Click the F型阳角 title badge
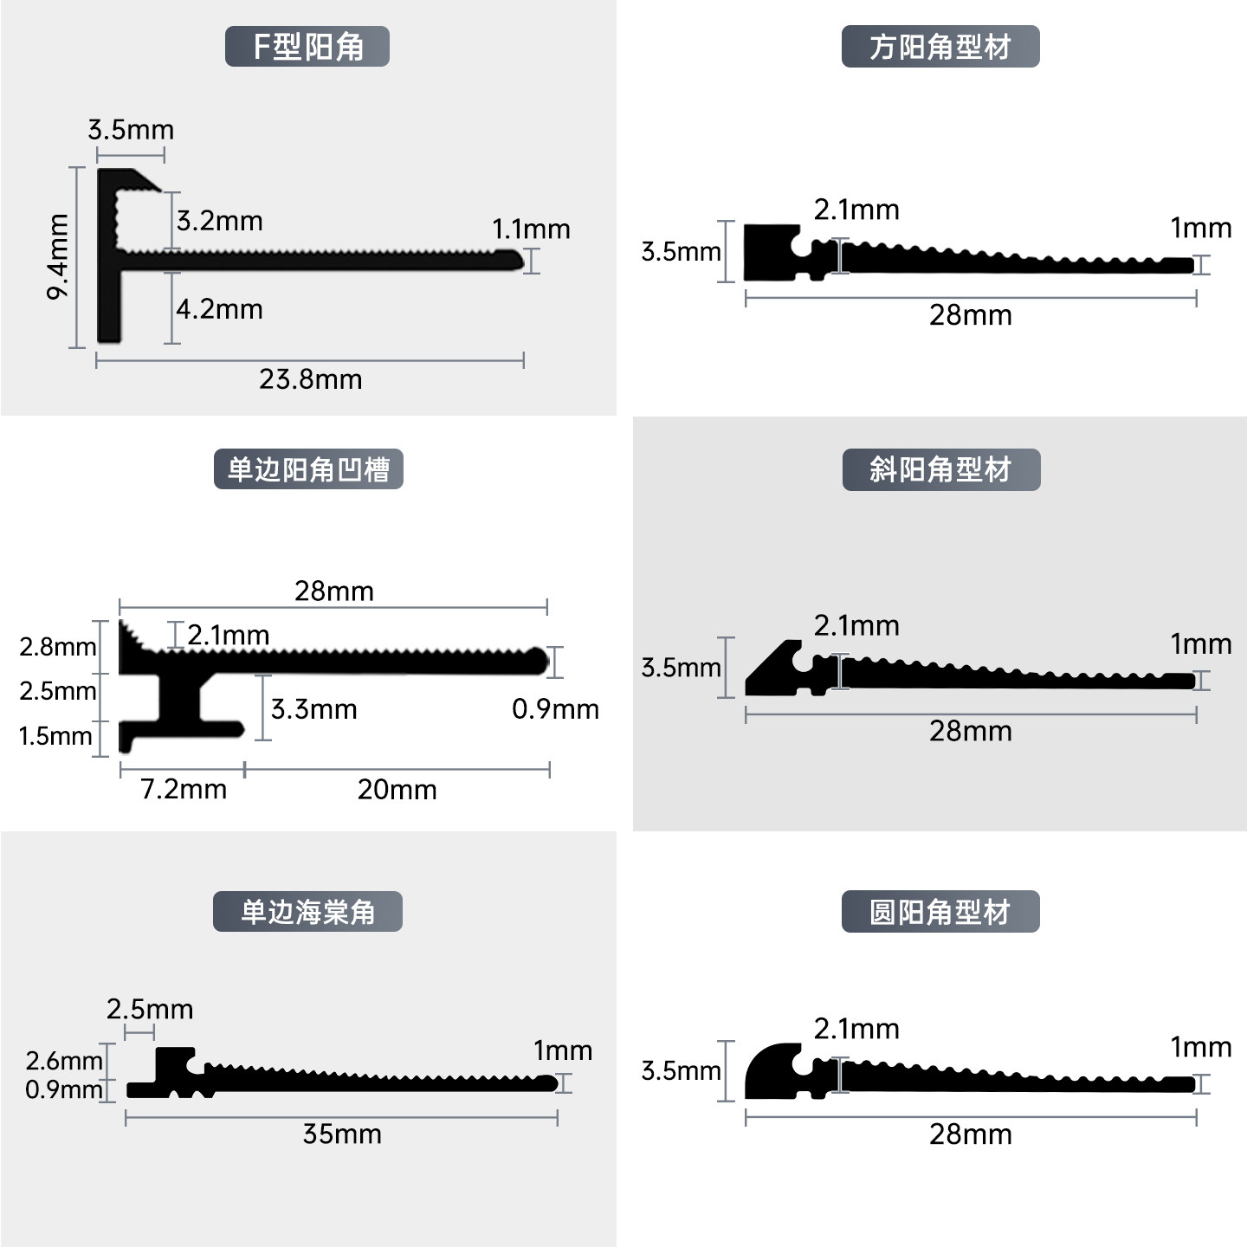coord(307,47)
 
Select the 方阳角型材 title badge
coord(940,47)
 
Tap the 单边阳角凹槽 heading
coord(308,469)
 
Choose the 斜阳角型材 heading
coord(941,469)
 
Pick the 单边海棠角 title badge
coord(307,912)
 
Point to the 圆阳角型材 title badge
coord(940,912)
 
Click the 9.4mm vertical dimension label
coord(57,257)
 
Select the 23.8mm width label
coord(311,379)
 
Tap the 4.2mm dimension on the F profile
coord(220,309)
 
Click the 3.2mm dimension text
coord(220,221)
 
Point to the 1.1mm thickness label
coord(532,229)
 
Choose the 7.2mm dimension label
coord(184,790)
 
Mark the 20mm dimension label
coord(397,790)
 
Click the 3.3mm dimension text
coord(314,709)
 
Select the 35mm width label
coord(342,1134)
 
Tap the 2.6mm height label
coord(64,1061)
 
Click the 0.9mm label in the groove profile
coord(556,709)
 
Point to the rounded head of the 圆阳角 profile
coord(770,1072)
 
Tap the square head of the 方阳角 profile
coord(768,252)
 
